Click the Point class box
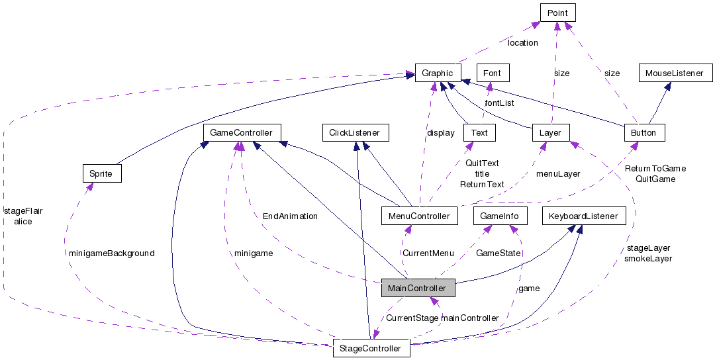[x=557, y=13]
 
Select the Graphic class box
[x=437, y=73]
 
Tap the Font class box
[x=492, y=73]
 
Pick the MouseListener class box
[x=675, y=73]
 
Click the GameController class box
[x=241, y=132]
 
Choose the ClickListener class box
[x=355, y=132]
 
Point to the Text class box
[x=479, y=132]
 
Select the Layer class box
[x=550, y=132]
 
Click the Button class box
[x=643, y=132]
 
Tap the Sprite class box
[x=101, y=173]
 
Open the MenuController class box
[x=419, y=216]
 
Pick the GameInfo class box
[x=500, y=216]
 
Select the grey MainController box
[x=418, y=288]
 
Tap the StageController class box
[x=371, y=348]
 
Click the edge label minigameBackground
[x=111, y=253]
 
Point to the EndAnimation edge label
[x=290, y=216]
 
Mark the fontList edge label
[x=499, y=103]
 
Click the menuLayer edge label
[x=557, y=173]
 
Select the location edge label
[x=522, y=42]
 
